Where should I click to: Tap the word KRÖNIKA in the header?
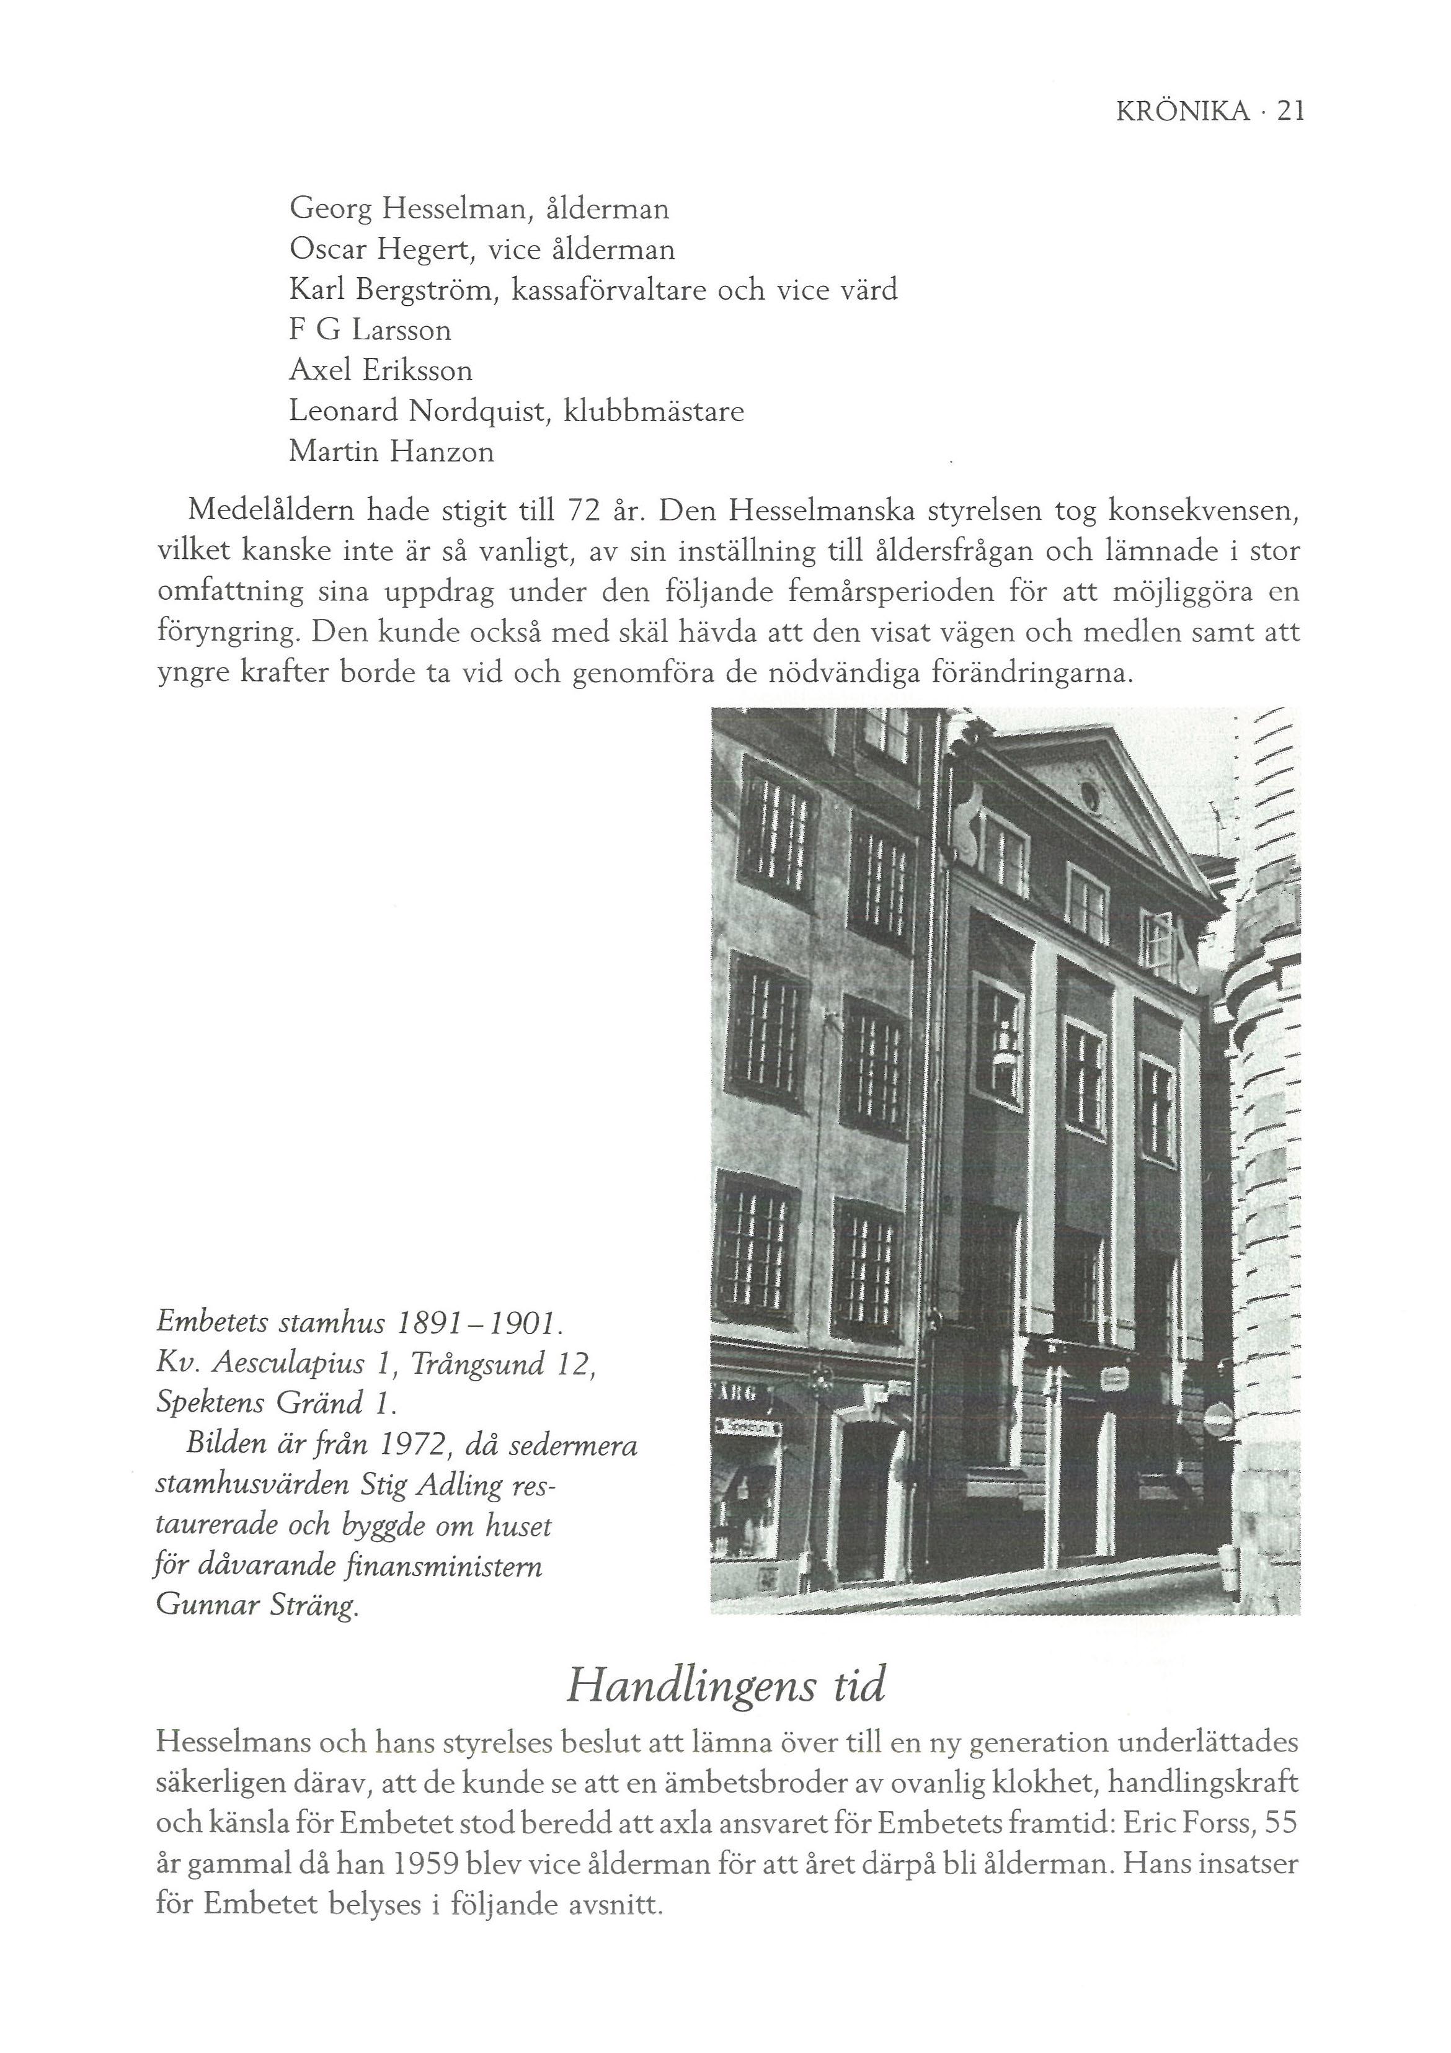[1182, 111]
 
